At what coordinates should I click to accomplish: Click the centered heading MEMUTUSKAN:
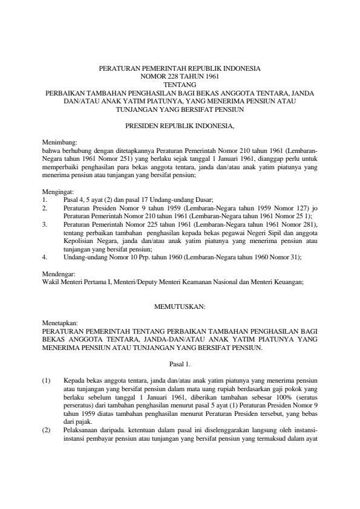[x=180, y=307]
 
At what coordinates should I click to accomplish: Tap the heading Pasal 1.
[x=180, y=364]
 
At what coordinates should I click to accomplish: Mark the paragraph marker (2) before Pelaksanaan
[x=47, y=430]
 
